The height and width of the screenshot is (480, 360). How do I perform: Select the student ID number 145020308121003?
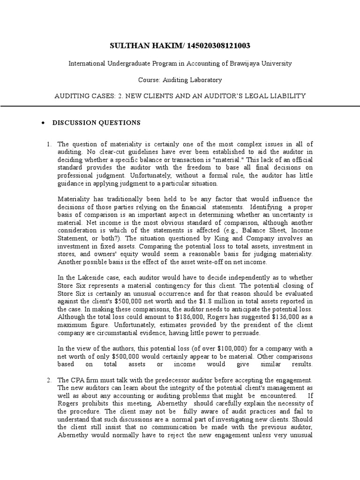click(219, 45)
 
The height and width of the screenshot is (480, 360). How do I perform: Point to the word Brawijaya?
click(240, 63)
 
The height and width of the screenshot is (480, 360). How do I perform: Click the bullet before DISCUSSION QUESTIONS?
click(43, 123)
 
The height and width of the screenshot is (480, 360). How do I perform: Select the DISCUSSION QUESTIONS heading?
click(96, 123)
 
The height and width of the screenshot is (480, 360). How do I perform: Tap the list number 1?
click(49, 144)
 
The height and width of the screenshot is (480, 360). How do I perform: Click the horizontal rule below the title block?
click(180, 106)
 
